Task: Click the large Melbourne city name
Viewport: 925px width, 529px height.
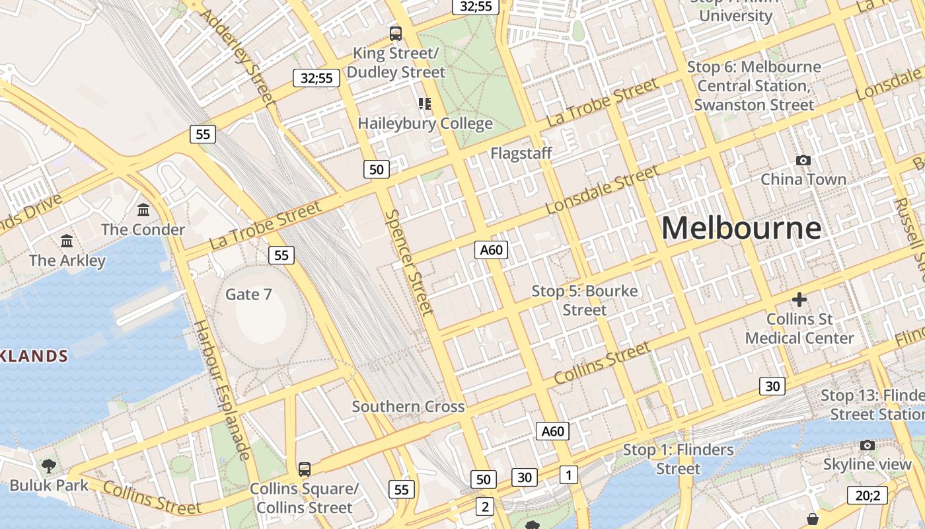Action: click(741, 228)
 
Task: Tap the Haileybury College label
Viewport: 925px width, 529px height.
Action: click(425, 124)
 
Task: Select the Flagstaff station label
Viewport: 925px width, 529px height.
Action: click(521, 153)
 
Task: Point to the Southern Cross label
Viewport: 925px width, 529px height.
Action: click(408, 407)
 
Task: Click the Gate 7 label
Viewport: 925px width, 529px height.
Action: click(248, 294)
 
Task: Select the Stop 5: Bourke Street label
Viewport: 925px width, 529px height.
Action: click(585, 300)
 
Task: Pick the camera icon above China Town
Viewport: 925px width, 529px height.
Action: click(803, 160)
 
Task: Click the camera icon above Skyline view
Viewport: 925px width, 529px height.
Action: click(867, 446)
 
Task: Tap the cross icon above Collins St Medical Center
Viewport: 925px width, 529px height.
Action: click(799, 300)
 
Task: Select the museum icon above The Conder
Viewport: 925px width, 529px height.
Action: click(143, 210)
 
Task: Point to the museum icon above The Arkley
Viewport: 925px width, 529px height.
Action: click(67, 241)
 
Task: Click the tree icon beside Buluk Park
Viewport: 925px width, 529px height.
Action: click(48, 466)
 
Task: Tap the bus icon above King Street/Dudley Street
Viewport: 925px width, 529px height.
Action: click(396, 33)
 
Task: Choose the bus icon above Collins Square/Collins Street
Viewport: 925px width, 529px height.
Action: click(304, 469)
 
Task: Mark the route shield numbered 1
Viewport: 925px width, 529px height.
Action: click(568, 474)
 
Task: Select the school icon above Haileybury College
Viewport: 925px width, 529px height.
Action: click(424, 103)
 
